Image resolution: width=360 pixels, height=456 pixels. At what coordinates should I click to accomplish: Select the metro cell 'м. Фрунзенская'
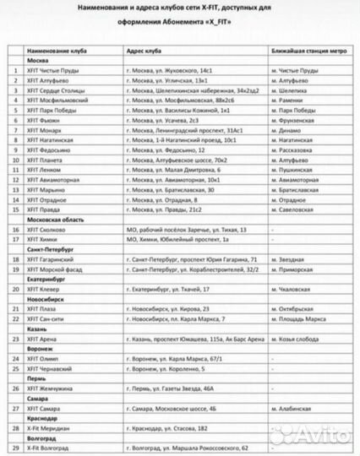coord(297,144)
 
